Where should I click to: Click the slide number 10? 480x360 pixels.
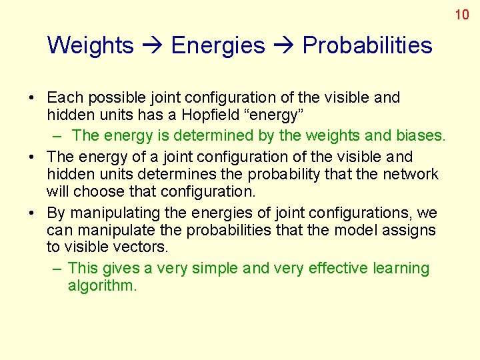pos(462,14)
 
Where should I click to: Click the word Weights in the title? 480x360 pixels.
pos(91,45)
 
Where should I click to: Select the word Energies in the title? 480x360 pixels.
pos(218,45)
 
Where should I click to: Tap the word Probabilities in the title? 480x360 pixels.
pos(367,45)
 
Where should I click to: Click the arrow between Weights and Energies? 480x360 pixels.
pos(153,45)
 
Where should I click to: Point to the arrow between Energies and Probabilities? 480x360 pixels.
pos(283,45)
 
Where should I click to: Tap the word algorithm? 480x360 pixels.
pos(102,286)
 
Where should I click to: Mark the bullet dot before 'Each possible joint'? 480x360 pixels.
pos(32,98)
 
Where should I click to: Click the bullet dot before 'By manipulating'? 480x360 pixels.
pos(32,213)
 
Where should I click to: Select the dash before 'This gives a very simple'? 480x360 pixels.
pos(57,268)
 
